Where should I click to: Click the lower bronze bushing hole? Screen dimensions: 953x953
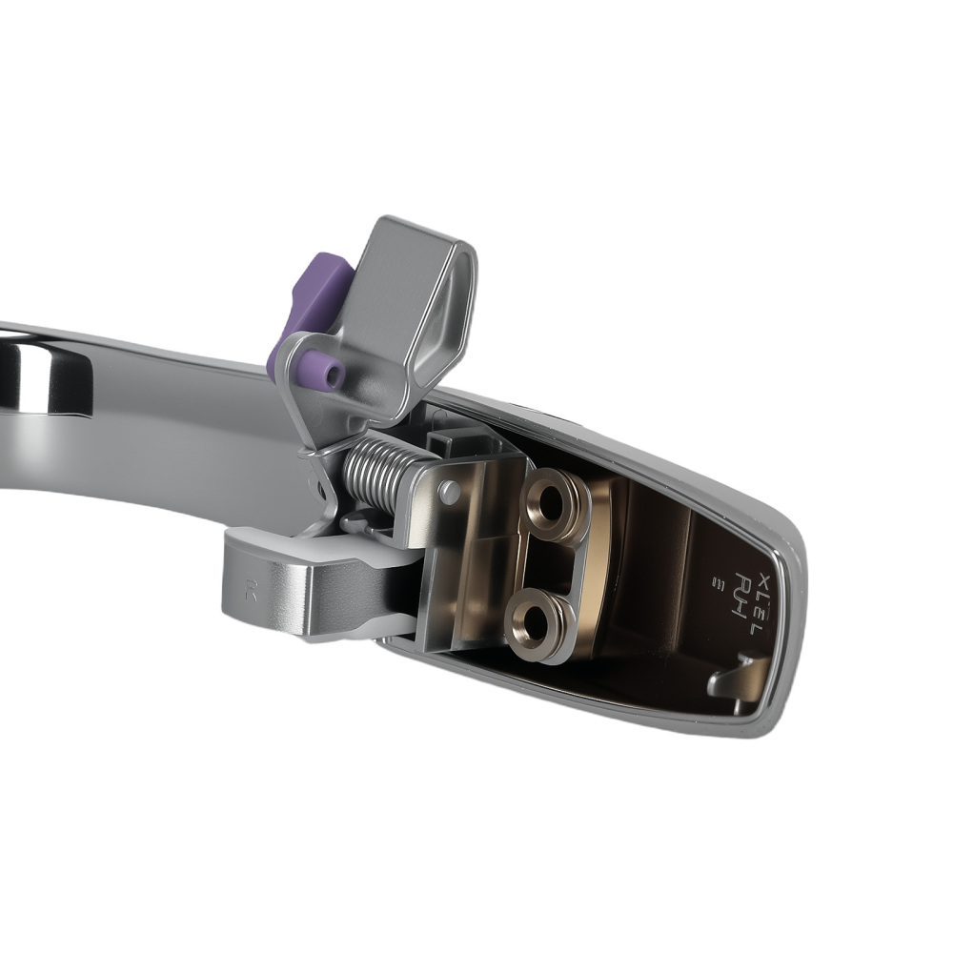539,625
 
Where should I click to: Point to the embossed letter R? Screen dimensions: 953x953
251,591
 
